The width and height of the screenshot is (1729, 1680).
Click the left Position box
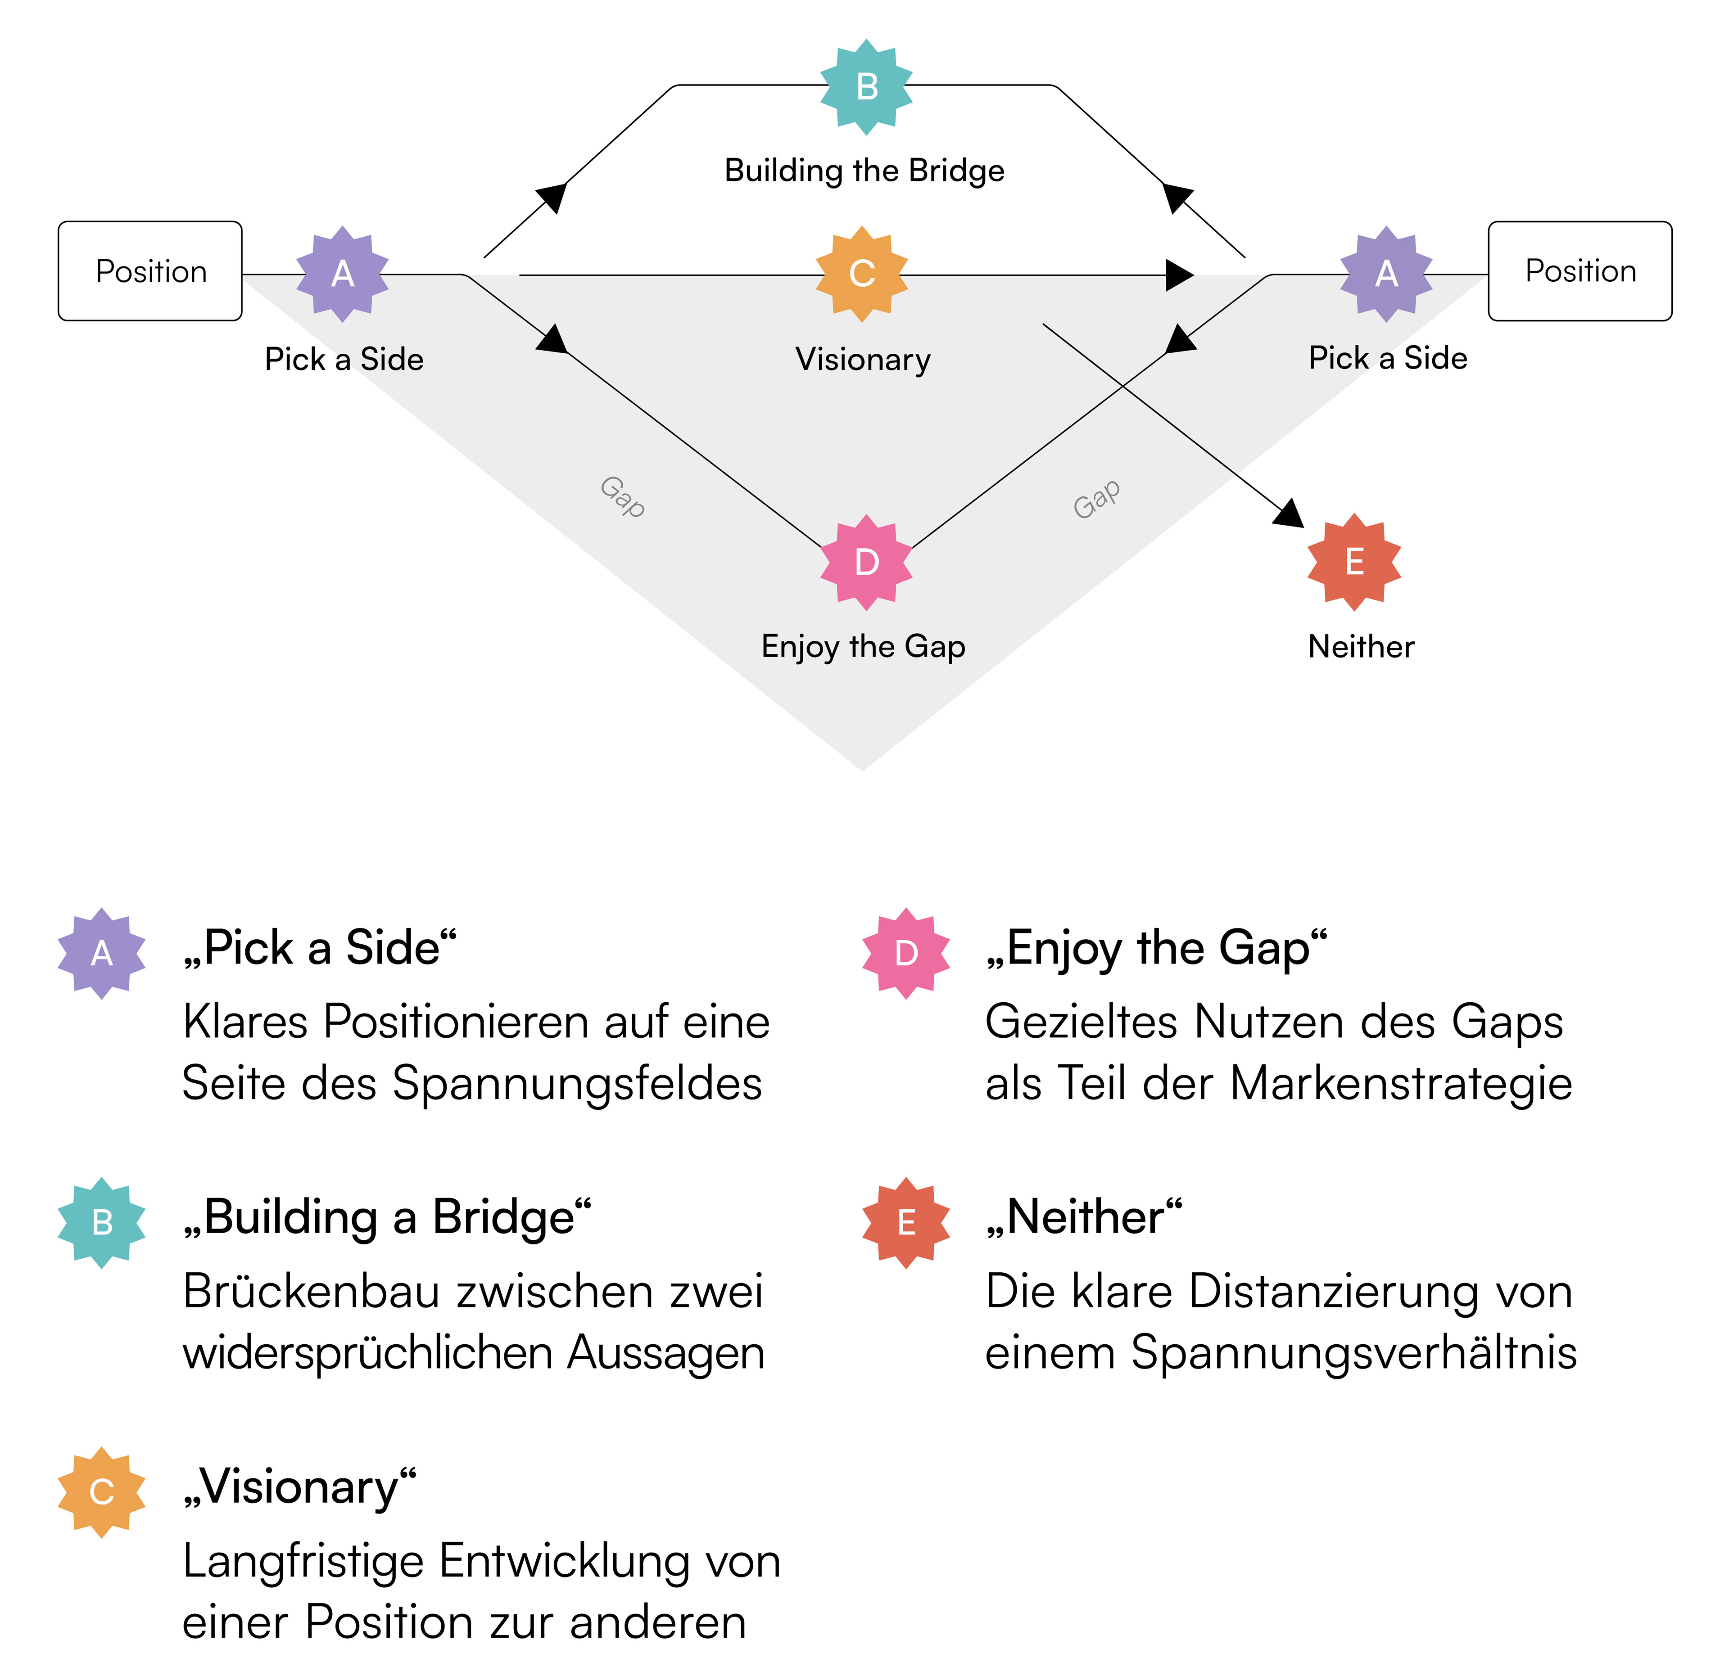(x=150, y=271)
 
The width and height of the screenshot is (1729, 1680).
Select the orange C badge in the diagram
(x=861, y=274)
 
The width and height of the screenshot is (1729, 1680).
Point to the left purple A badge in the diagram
(x=343, y=274)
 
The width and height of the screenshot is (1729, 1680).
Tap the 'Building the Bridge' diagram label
(x=864, y=170)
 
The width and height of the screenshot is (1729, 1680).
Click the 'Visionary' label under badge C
(x=862, y=359)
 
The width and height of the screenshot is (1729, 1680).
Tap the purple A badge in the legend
(x=101, y=953)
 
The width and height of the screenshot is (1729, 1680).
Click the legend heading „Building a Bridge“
(x=387, y=1218)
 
